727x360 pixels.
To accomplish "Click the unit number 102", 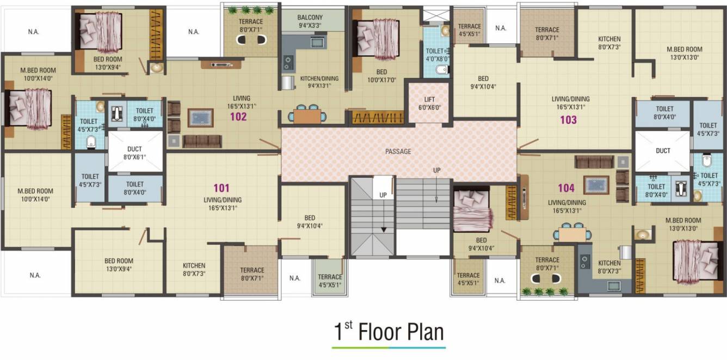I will pyautogui.click(x=238, y=116).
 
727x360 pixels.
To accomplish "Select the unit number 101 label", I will pyautogui.click(x=221, y=188).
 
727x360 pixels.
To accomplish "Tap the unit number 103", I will pyautogui.click(x=569, y=120).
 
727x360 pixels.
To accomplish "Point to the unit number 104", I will pyautogui.click(x=566, y=188).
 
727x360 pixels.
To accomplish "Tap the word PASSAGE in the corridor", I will pyautogui.click(x=398, y=152).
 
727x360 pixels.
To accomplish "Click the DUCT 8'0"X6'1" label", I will pyautogui.click(x=135, y=152).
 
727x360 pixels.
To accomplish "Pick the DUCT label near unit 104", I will pyautogui.click(x=663, y=151).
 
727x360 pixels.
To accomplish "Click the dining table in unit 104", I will pyautogui.click(x=572, y=234).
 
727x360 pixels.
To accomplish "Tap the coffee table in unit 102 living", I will pyautogui.click(x=201, y=117).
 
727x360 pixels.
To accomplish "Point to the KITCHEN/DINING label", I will pyautogui.click(x=319, y=82).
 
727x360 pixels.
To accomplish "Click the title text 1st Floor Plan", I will pyautogui.click(x=389, y=332).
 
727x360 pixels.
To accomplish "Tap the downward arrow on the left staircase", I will pyautogui.click(x=384, y=229).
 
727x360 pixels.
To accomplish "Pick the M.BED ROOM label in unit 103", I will pyautogui.click(x=684, y=53).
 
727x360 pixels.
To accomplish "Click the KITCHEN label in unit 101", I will pyautogui.click(x=194, y=269).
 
